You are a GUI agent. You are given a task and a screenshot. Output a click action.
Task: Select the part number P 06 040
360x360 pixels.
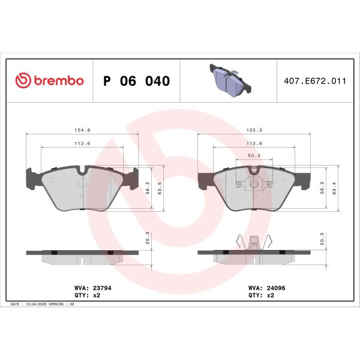pos(136,81)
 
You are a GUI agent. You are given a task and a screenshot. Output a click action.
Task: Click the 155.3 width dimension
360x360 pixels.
pos(257,130)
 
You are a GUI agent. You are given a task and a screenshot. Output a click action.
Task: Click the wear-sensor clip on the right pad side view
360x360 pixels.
pos(253,242)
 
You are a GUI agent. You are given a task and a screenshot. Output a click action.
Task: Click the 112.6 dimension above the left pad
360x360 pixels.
pos(74,143)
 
